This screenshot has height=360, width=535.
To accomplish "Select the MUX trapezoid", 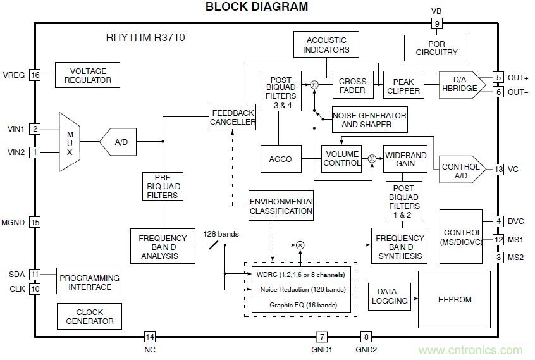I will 70,142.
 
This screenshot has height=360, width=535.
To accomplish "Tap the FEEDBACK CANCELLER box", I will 233,116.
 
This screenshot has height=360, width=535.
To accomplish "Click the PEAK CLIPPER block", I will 403,86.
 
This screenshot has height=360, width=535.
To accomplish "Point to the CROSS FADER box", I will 353,86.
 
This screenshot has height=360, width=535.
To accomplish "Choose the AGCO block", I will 281,159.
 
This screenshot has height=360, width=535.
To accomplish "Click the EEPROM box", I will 454,299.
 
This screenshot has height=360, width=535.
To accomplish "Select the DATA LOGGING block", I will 386,297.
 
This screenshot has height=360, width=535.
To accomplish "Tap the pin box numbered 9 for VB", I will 436,24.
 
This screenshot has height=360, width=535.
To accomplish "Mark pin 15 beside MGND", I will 35,222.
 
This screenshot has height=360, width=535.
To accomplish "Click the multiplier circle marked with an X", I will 300,245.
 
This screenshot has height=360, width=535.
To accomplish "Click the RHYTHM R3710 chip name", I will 145,38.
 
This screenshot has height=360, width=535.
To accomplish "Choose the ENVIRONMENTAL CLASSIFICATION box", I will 281,206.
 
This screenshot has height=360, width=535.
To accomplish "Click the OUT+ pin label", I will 517,78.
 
